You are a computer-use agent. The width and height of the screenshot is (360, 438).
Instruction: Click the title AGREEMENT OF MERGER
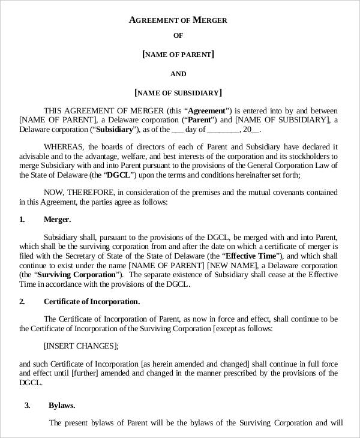(178, 20)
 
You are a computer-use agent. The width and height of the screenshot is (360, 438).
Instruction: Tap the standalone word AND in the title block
(178, 74)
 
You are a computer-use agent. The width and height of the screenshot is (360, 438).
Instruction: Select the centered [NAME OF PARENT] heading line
(178, 55)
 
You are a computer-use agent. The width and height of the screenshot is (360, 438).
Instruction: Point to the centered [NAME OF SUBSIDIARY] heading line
(178, 92)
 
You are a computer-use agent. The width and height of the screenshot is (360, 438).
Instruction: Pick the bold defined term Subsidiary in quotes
(113, 129)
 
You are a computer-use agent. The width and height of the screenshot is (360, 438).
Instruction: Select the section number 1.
(22, 220)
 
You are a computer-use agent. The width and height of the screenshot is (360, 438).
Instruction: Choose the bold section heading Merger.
(57, 220)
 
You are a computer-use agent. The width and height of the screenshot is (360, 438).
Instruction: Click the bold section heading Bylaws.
(62, 406)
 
